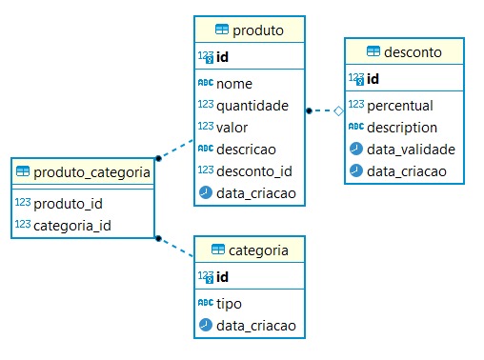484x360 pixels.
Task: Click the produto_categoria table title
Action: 91,172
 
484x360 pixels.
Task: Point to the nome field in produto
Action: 234,84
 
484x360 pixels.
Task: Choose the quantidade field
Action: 253,105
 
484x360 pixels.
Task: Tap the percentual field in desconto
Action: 399,105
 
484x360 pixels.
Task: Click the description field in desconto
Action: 402,127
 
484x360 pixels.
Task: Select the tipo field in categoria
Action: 230,303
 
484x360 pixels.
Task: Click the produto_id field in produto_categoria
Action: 70,204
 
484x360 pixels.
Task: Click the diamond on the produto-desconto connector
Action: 337,111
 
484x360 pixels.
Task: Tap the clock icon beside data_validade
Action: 355,149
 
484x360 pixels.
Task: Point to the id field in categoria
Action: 223,276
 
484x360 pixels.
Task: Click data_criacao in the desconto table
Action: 409,170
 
